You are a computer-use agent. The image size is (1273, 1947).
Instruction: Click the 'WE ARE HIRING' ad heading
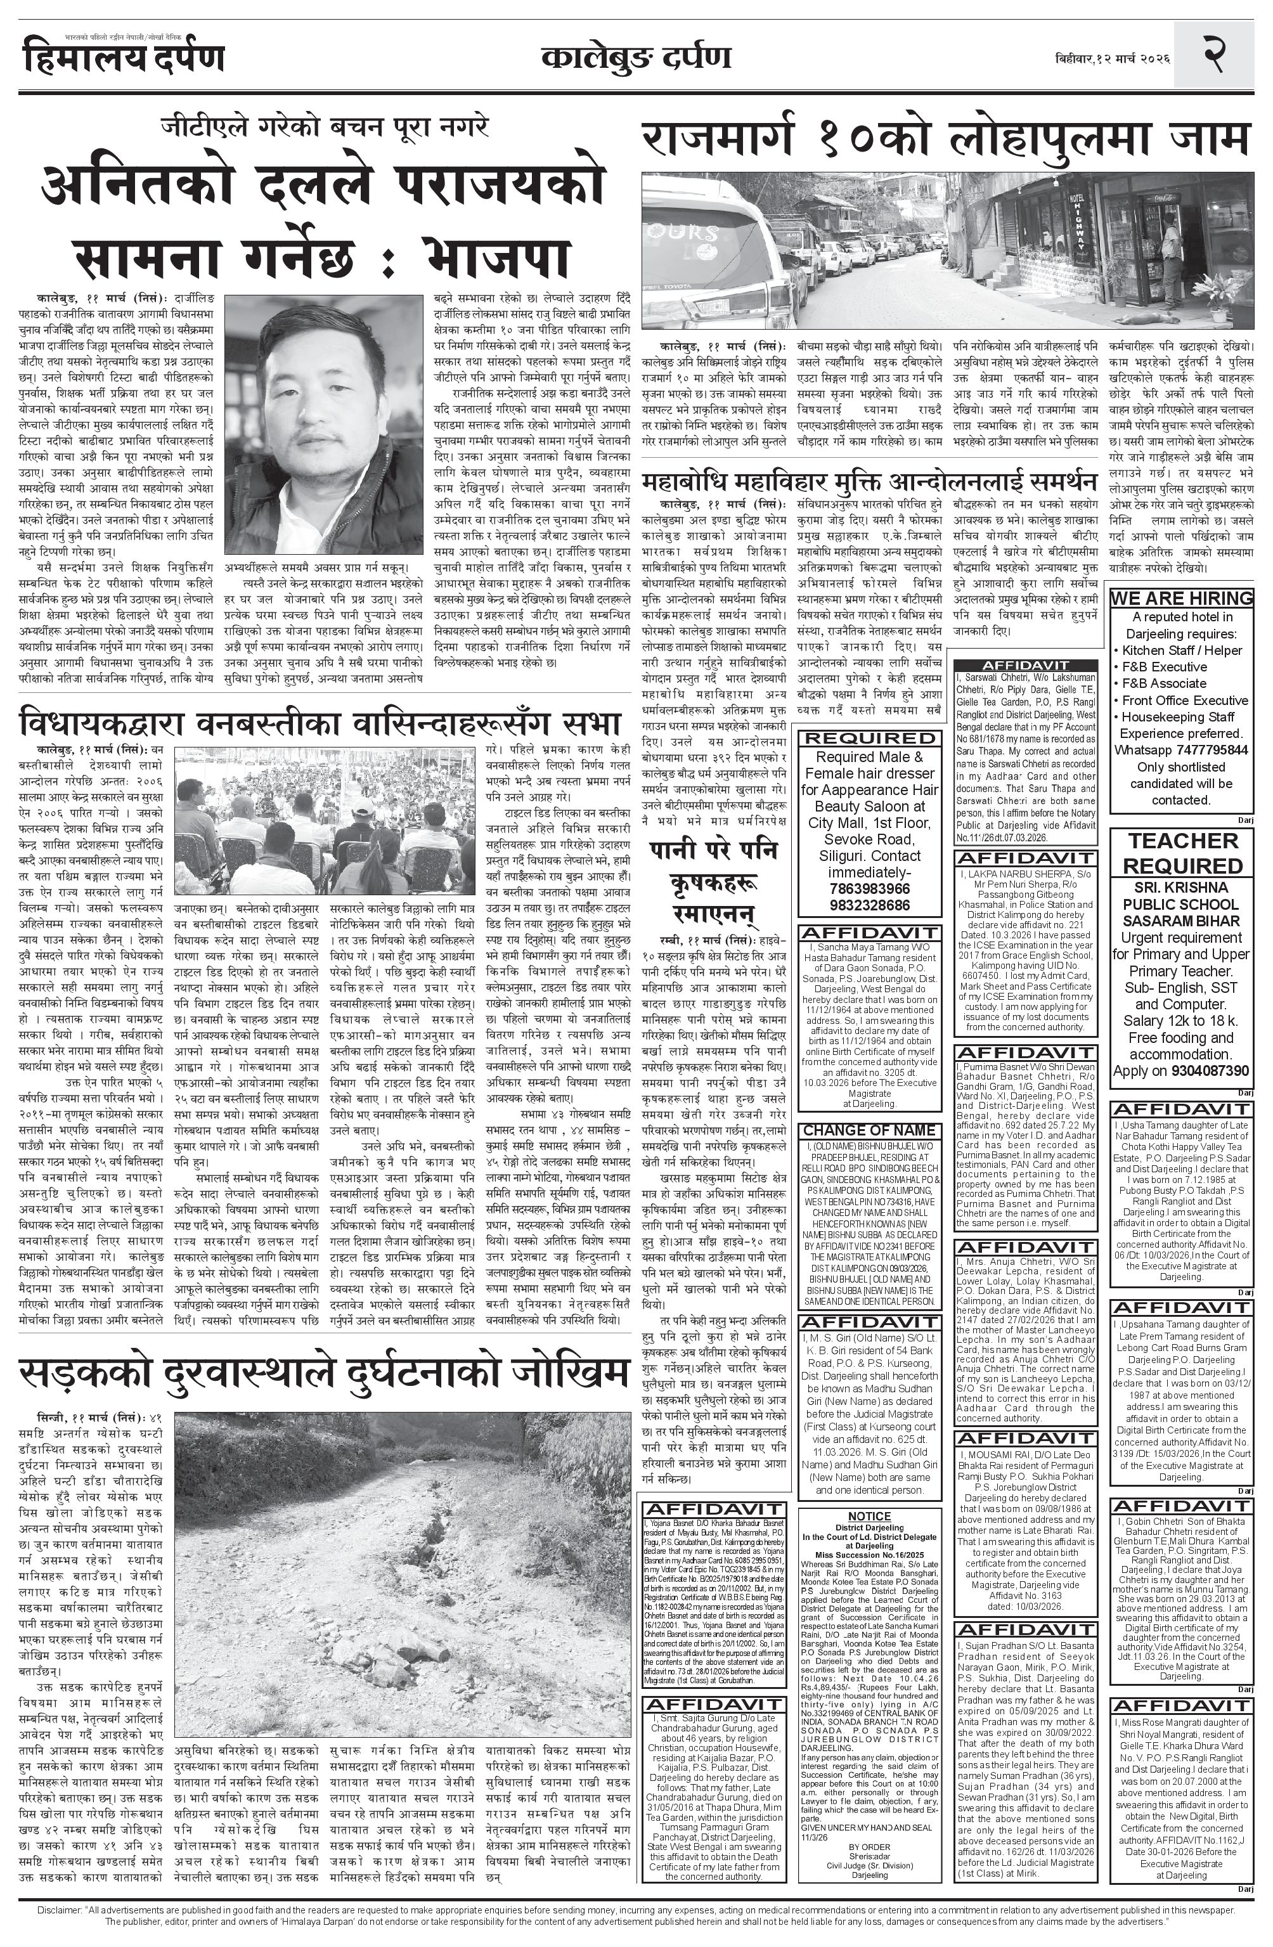tap(1181, 598)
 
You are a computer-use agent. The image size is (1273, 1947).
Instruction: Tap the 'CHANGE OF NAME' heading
tap(868, 1130)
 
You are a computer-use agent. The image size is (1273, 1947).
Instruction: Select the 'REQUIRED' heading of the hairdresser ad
tap(868, 739)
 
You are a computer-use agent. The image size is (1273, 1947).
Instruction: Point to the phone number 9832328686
tap(868, 905)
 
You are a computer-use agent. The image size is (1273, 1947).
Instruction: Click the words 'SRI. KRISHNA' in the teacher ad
tap(1181, 888)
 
